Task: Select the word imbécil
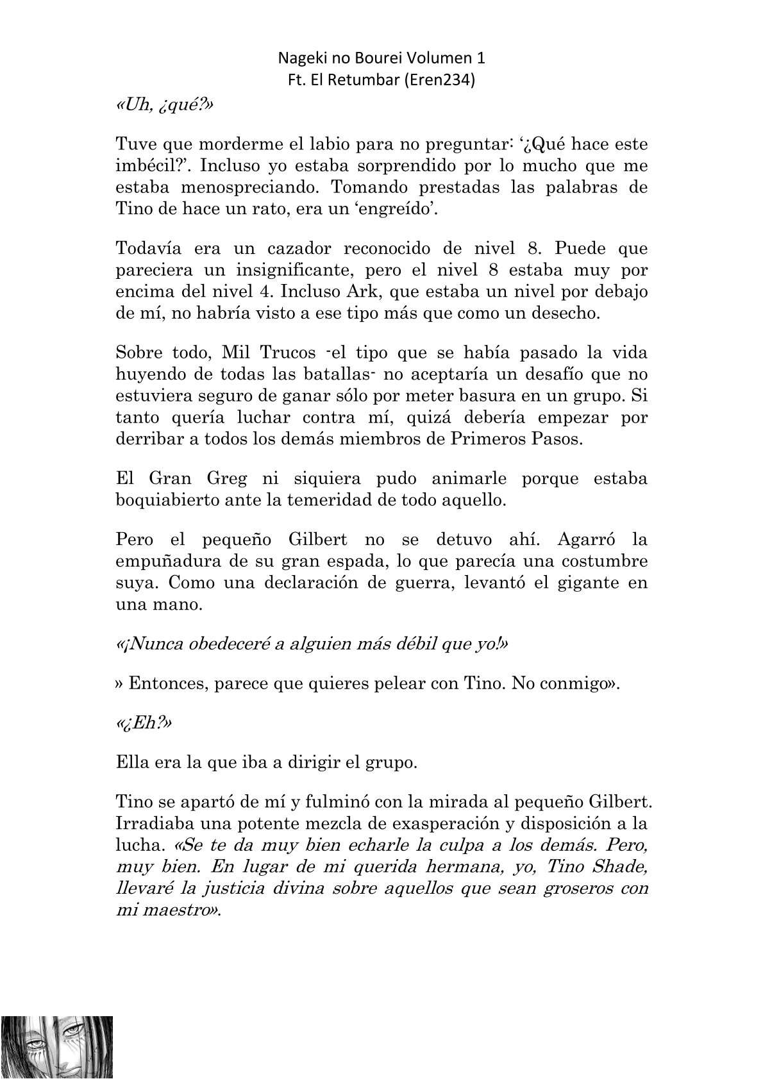(145, 166)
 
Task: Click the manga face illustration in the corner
(56, 1047)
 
